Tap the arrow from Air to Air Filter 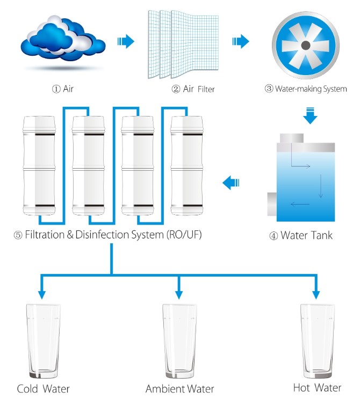[x=126, y=41]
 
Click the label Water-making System [x=310, y=89]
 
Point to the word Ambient [x=164, y=389]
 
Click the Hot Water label [x=317, y=388]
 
